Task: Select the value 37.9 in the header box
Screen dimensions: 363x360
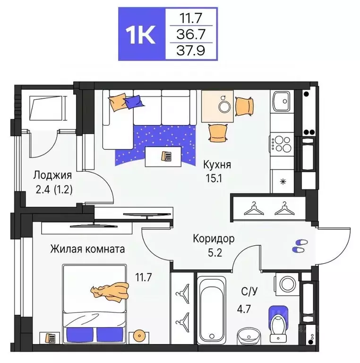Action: (x=191, y=50)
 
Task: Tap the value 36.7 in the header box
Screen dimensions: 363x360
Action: (x=191, y=34)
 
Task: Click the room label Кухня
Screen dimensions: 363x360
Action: (x=217, y=165)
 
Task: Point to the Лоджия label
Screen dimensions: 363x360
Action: (x=52, y=175)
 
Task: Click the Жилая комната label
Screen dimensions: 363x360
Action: (x=87, y=249)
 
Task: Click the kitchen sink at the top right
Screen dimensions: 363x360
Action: (x=283, y=101)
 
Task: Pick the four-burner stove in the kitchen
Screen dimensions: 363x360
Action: (x=283, y=143)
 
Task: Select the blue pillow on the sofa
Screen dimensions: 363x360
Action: (x=134, y=101)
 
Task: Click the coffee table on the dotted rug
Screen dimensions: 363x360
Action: (x=165, y=156)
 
